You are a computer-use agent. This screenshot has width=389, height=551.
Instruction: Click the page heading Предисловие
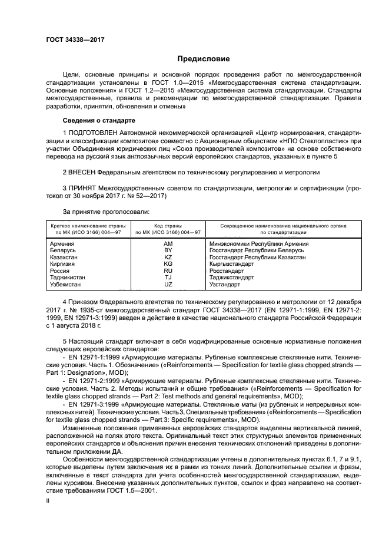coord(204,59)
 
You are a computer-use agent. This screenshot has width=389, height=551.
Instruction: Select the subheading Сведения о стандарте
coord(94,120)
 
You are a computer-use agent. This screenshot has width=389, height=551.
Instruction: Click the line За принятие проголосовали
coord(98,211)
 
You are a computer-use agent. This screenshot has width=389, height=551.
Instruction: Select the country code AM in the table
coord(168,243)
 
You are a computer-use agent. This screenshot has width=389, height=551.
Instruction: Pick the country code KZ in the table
coord(168,258)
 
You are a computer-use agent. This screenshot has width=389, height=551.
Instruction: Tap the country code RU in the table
coord(168,271)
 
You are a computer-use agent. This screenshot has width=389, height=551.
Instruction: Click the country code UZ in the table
coord(168,285)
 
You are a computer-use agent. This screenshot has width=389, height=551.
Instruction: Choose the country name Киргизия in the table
coord(64,265)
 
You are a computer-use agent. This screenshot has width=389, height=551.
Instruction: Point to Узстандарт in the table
coord(225,285)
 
